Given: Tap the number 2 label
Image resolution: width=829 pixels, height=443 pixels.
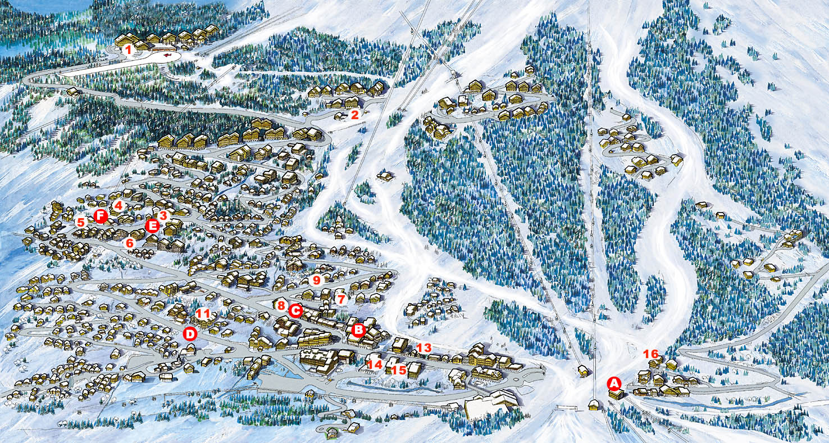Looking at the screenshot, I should tap(354, 115).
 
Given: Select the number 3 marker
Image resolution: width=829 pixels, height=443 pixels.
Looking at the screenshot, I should tap(163, 215).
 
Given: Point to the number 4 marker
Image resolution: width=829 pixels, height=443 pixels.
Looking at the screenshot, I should tap(118, 206).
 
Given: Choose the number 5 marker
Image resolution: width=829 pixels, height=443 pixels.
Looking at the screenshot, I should tap(81, 222).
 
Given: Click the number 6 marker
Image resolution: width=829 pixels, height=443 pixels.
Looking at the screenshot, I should tap(130, 243).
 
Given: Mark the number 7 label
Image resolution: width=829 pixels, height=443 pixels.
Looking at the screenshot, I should tap(340, 299).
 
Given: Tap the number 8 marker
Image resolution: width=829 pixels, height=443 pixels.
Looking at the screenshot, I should tap(281, 305).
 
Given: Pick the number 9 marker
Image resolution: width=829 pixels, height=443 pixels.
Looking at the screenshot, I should tap(316, 279).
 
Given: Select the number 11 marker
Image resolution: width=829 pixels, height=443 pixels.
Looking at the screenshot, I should tap(203, 314).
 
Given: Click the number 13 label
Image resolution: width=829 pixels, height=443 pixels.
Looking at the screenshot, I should tap(424, 347).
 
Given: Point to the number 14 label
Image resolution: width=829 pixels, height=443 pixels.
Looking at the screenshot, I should tap(375, 364).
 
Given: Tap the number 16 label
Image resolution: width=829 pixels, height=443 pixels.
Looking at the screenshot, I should tap(650, 354).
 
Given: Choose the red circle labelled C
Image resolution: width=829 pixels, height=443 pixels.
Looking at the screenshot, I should tap(295, 310).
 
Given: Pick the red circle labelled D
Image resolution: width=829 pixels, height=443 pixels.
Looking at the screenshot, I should tap(190, 334).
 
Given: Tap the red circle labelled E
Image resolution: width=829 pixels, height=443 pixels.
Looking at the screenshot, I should tap(152, 226).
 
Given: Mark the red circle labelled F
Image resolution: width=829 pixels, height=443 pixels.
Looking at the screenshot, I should tap(101, 216).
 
